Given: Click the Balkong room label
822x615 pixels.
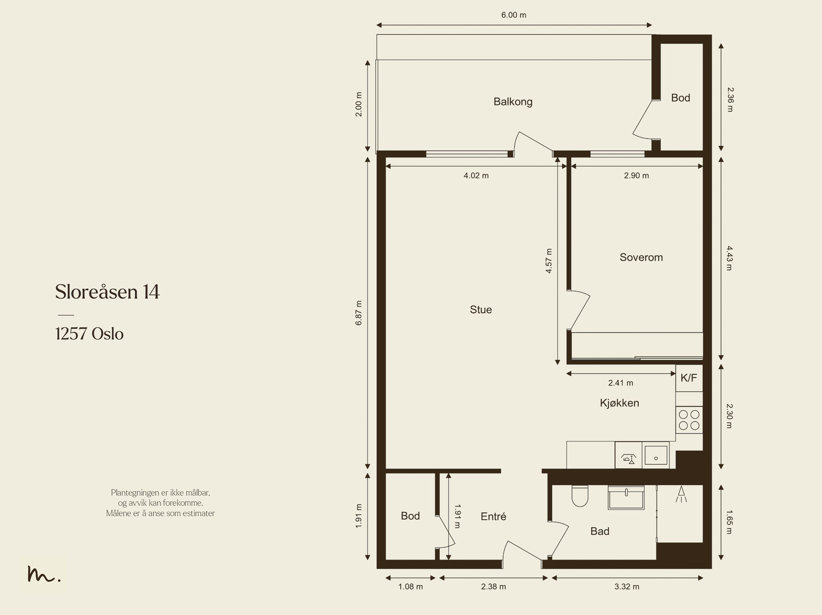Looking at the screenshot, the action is (x=513, y=102).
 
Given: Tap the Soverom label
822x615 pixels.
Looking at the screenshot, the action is (x=641, y=257).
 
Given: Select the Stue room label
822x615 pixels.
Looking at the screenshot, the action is (x=481, y=310).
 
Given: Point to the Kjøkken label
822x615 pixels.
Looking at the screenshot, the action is (x=620, y=403).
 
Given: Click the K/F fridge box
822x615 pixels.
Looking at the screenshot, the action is (x=689, y=378).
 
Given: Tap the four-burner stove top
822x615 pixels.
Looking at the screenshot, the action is (x=689, y=420).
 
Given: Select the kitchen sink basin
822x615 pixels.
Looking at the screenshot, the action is (x=656, y=455).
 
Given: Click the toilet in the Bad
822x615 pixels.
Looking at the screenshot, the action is (x=580, y=496).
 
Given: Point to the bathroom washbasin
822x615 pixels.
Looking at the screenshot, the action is (x=626, y=497).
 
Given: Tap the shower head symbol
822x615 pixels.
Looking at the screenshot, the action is (x=681, y=494).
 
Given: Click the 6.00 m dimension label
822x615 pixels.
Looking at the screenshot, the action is (x=514, y=15).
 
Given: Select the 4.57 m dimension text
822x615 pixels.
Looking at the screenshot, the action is (x=549, y=261).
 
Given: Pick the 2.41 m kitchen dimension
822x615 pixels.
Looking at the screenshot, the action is (x=621, y=382).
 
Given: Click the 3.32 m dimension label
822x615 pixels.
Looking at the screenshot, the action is (x=627, y=587).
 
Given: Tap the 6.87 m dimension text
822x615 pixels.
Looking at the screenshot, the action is (x=359, y=313).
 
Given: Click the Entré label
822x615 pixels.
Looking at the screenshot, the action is (x=493, y=516).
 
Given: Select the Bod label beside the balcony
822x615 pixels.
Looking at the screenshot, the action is (x=680, y=98).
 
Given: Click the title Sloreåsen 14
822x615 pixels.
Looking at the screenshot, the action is (x=107, y=292).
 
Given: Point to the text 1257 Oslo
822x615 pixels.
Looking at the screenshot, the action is (x=89, y=334).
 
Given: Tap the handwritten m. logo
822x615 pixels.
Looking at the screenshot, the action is (x=44, y=574).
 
